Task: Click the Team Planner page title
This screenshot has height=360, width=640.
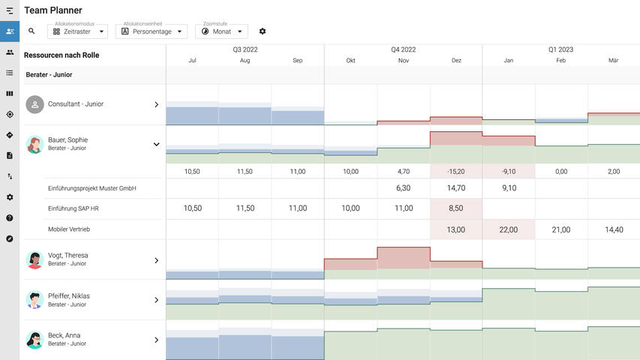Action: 53,10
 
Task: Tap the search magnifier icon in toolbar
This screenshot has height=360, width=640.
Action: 32,31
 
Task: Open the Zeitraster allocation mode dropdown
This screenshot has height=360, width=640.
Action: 77,31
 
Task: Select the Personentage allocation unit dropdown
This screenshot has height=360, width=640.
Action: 151,31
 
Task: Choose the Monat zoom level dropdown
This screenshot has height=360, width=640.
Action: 221,31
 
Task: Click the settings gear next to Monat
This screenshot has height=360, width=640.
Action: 263,31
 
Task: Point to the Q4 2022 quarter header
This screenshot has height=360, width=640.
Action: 403,49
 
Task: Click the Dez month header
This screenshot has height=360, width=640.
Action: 456,61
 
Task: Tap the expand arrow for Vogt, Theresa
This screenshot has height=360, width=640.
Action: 156,260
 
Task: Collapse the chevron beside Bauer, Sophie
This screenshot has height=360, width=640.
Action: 156,144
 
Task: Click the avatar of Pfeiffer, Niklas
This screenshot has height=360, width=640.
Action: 35,300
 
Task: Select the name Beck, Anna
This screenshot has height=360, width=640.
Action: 65,335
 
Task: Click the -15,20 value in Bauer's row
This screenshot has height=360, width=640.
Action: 456,172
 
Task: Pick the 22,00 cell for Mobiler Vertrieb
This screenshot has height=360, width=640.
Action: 509,229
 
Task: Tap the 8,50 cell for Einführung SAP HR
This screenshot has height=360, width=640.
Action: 456,208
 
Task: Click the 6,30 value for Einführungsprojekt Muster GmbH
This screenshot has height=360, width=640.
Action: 404,188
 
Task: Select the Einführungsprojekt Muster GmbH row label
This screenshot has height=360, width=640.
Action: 92,188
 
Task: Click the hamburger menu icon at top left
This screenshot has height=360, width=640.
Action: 10,10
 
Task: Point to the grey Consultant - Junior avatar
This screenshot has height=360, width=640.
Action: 35,104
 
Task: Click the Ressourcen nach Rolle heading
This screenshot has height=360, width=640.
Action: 62,55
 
